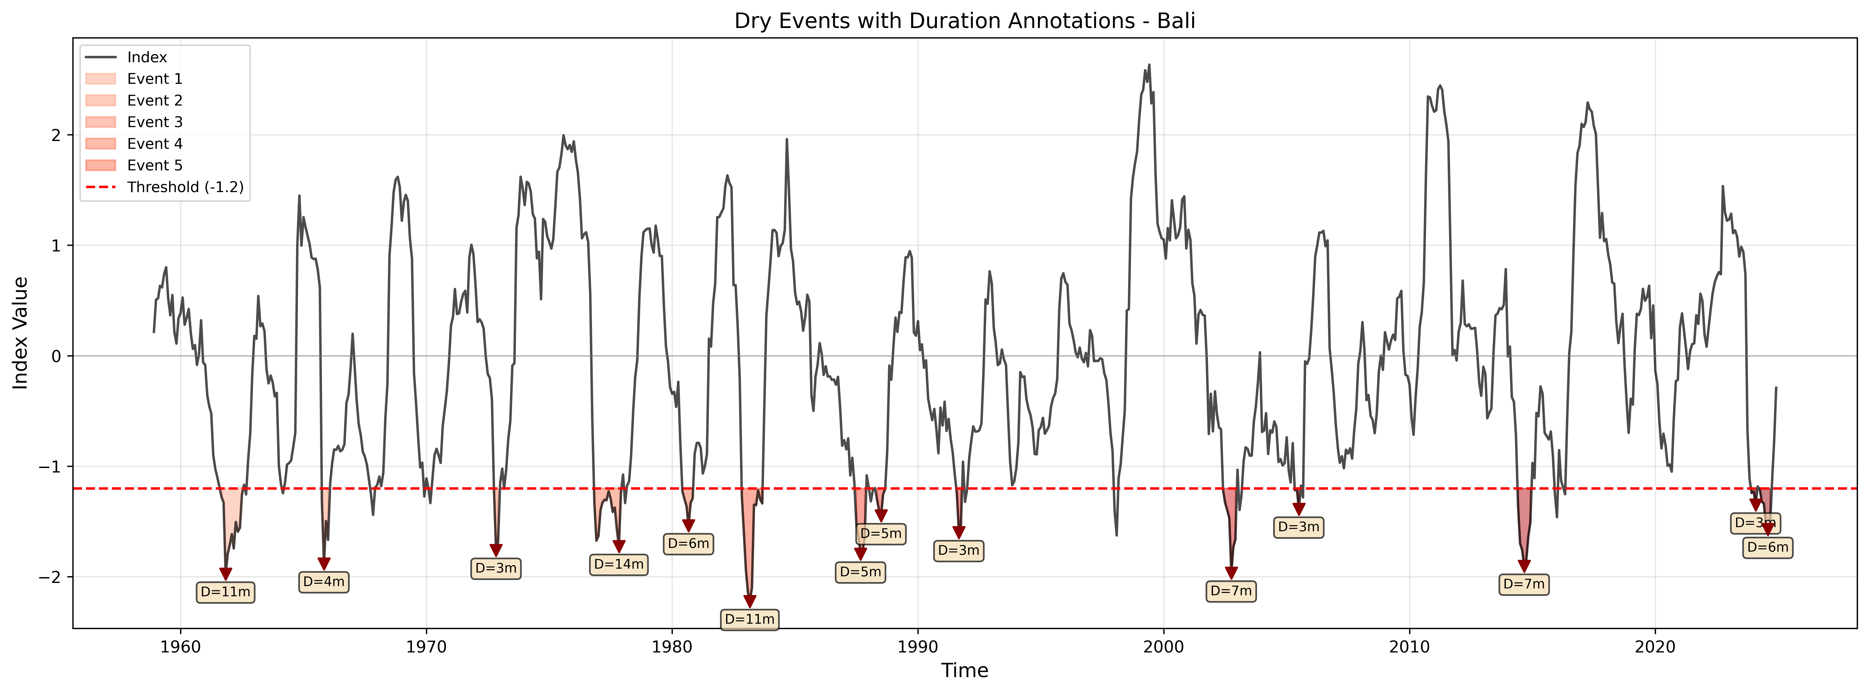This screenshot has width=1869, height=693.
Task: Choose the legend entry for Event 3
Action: tap(154, 122)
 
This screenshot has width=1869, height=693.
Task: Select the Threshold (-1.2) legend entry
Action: tap(185, 187)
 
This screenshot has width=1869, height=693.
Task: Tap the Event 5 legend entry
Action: tap(154, 165)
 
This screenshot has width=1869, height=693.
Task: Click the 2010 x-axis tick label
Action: tap(1410, 645)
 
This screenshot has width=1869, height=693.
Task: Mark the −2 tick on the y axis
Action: tap(57, 577)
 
